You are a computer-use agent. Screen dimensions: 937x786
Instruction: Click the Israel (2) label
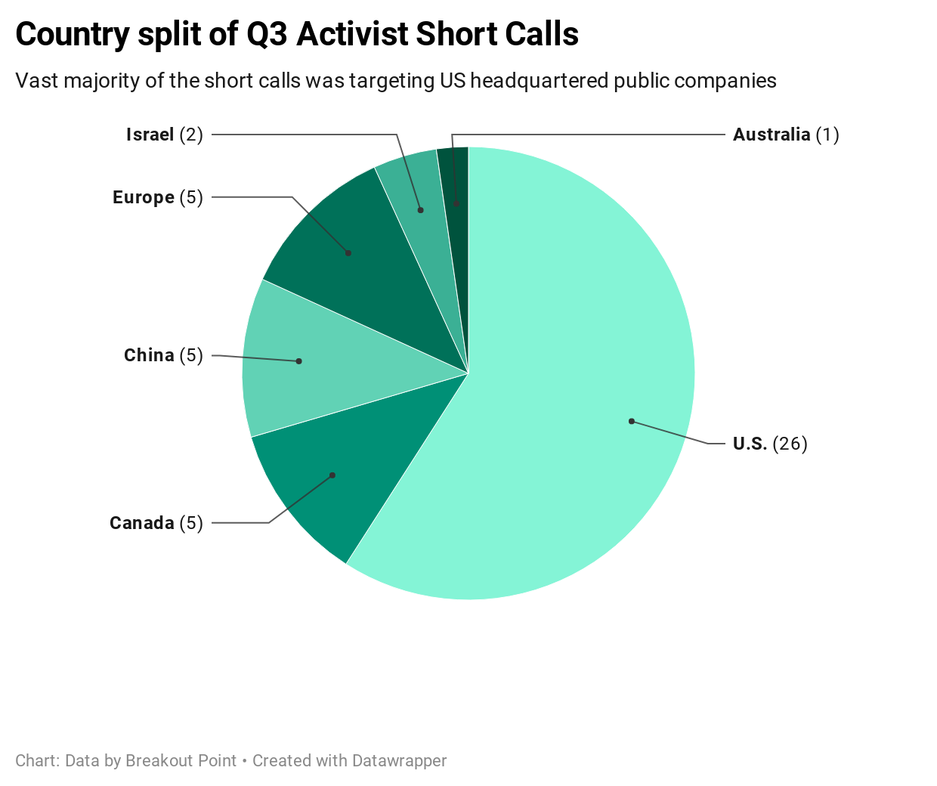pos(164,135)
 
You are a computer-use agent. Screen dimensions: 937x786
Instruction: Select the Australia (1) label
pos(786,135)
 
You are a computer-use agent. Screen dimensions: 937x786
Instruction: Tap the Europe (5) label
pos(157,197)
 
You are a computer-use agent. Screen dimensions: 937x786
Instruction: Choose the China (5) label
pos(163,355)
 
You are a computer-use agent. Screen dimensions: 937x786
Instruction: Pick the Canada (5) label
pos(156,523)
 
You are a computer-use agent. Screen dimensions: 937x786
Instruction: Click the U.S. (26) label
pos(770,444)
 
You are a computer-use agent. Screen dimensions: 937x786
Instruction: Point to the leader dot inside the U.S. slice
pos(632,421)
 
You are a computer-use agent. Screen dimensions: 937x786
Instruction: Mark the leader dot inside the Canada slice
pos(332,475)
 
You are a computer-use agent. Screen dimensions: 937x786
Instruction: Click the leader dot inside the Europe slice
pos(348,253)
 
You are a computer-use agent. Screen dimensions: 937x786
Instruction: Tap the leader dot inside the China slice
pos(299,361)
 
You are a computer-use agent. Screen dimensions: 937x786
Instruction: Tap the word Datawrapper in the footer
pos(400,761)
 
